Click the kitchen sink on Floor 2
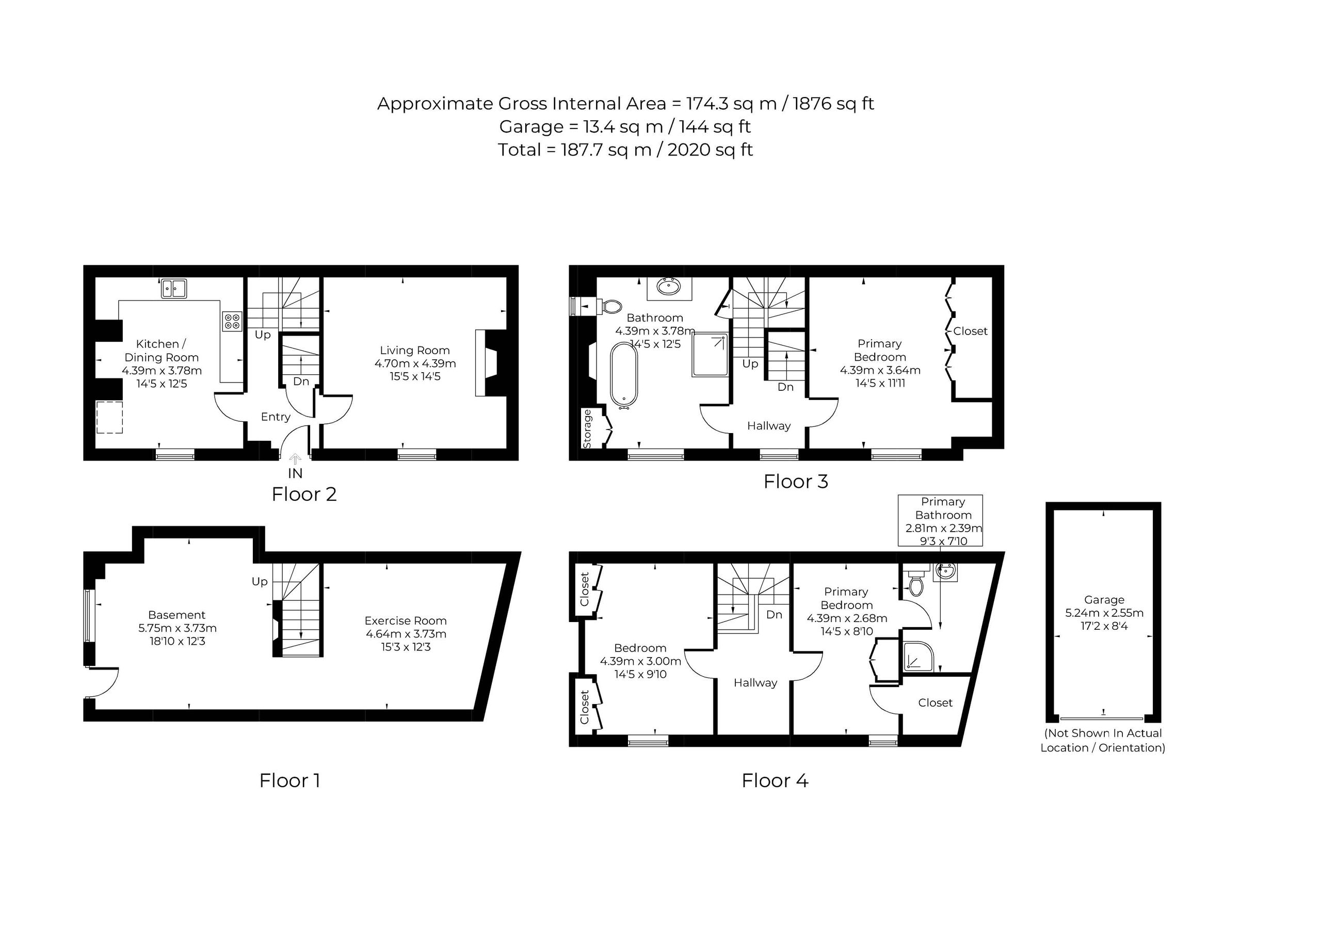(x=174, y=289)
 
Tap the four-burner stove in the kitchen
(x=232, y=322)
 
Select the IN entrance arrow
(x=295, y=459)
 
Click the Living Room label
(x=415, y=350)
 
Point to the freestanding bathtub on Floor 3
(x=624, y=375)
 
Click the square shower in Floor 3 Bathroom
(x=710, y=355)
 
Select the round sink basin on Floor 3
(x=669, y=286)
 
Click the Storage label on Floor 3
(x=587, y=429)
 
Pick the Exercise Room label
(x=406, y=620)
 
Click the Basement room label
(x=176, y=615)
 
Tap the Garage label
(x=1104, y=600)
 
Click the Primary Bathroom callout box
(x=940, y=520)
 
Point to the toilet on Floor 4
(x=916, y=583)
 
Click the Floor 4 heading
(x=775, y=780)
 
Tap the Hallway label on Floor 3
(x=769, y=426)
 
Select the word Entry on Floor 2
(x=276, y=417)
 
